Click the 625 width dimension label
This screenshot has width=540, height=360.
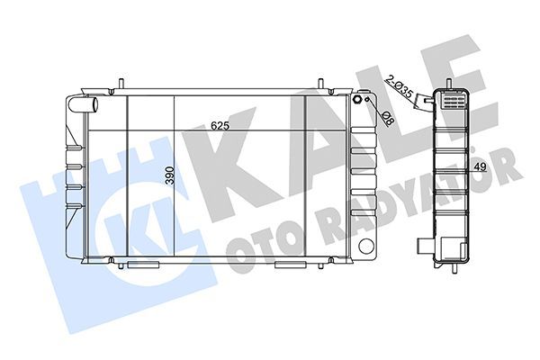pyautogui.click(x=220, y=126)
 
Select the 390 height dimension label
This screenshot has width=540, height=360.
pyautogui.click(x=170, y=175)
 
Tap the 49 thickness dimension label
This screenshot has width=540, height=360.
pyautogui.click(x=480, y=167)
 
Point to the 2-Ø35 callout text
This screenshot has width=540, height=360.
pyautogui.click(x=399, y=85)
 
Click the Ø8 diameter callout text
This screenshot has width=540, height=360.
pyautogui.click(x=389, y=119)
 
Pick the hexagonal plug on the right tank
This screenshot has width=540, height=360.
pyautogui.click(x=357, y=100)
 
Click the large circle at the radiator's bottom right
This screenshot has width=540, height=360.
pyautogui.click(x=365, y=246)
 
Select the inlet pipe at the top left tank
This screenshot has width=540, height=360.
pyautogui.click(x=83, y=104)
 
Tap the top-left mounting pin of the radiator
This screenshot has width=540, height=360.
pyautogui.click(x=121, y=84)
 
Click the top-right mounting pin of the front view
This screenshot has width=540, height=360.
pyautogui.click(x=320, y=84)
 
